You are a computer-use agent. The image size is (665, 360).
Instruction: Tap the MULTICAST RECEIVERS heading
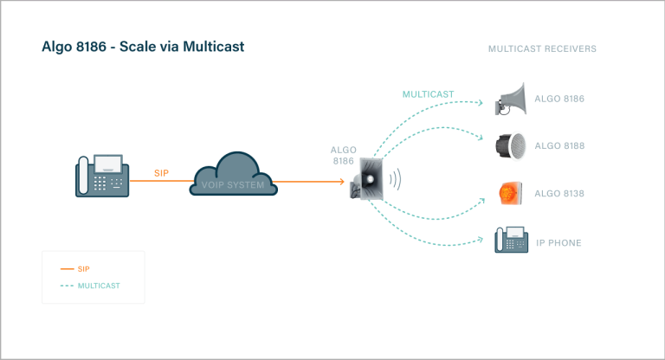pos(542,49)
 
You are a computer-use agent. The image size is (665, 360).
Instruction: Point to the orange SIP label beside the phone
pos(161,173)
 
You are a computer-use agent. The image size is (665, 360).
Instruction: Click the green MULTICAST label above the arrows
pos(428,93)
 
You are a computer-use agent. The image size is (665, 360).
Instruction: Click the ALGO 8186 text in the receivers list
pos(559,100)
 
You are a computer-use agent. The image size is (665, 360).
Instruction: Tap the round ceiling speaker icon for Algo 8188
pos(511,145)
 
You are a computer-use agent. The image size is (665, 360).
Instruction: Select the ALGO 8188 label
pos(559,146)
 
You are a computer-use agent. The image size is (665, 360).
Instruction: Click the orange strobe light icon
pos(510,193)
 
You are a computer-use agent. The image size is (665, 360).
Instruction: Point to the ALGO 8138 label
pos(559,194)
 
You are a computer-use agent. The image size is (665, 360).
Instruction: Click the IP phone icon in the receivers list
pos(511,241)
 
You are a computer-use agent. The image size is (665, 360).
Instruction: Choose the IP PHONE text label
pos(558,243)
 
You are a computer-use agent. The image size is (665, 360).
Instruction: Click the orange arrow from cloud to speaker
pos(312,182)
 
